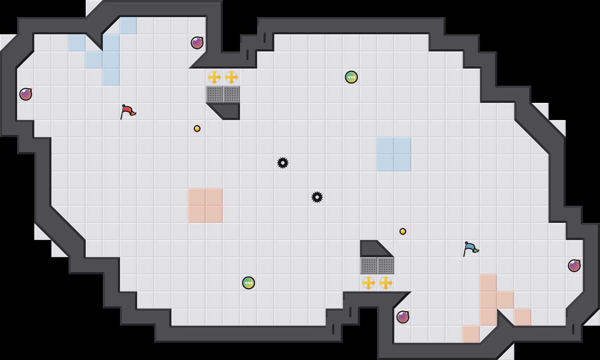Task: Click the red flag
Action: [127, 111]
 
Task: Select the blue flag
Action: [470, 248]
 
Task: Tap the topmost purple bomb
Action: [197, 43]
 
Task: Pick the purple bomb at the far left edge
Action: [26, 94]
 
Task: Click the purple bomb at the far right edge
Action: [574, 266]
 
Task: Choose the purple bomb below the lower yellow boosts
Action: [403, 317]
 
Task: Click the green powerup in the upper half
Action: [351, 77]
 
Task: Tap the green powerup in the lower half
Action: [249, 283]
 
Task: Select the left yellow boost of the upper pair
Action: [214, 77]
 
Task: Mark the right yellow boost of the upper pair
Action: [231, 77]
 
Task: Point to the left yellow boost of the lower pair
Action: [369, 283]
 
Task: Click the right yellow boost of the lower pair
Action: [386, 283]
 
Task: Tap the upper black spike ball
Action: [283, 163]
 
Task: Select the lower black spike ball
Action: [317, 197]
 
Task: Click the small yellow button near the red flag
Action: [197, 129]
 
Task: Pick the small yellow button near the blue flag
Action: [403, 231]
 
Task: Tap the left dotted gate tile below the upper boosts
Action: [214, 94]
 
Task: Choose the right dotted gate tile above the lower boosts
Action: [386, 266]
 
